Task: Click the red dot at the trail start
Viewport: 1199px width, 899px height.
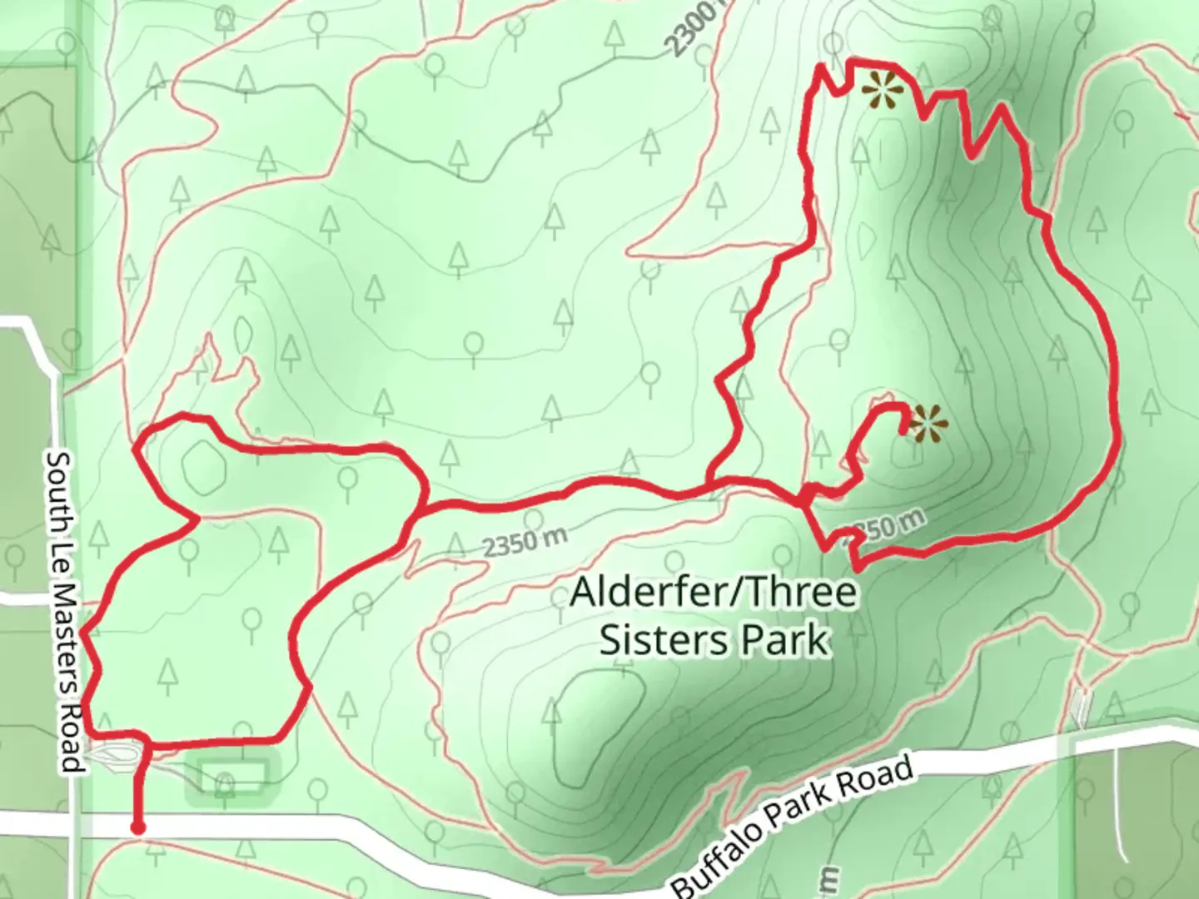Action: tap(137, 827)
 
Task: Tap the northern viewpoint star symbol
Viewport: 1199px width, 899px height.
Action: tap(882, 90)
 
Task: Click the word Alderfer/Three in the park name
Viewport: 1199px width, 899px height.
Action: tap(713, 593)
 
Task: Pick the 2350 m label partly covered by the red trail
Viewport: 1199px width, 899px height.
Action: tap(884, 526)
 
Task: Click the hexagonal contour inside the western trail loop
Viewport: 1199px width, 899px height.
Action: tap(204, 466)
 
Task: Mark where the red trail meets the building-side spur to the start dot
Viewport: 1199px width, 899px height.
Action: tap(147, 742)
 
